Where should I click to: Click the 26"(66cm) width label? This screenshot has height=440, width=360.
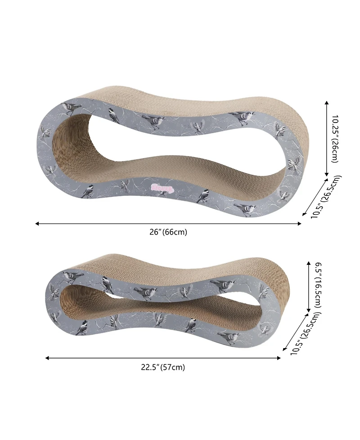168,232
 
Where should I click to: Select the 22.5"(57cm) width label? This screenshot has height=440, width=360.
162,367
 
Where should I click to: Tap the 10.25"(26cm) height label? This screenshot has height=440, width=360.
336,139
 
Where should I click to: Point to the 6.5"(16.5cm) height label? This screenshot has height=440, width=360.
318,286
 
